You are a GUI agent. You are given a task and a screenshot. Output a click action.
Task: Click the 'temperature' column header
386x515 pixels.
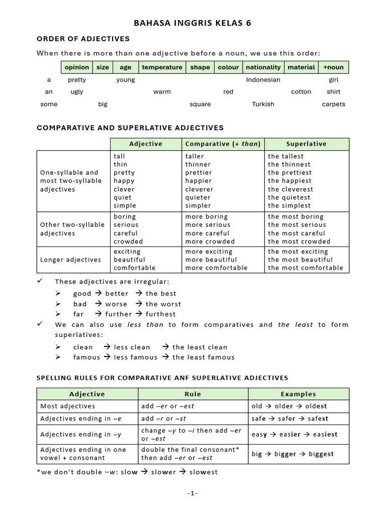point(162,67)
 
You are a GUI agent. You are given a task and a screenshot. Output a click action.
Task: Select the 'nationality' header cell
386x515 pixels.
point(263,67)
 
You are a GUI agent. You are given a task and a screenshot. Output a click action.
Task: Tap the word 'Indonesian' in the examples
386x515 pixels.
point(263,79)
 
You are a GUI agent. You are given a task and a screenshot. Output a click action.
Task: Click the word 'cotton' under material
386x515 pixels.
point(301,92)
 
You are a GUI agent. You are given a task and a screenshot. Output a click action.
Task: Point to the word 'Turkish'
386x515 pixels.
point(263,104)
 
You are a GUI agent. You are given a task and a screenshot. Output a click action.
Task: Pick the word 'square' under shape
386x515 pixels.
point(200,104)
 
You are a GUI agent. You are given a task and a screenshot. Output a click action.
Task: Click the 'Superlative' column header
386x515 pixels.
point(306,144)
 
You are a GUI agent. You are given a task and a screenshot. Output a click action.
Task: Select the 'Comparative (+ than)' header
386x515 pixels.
point(223,144)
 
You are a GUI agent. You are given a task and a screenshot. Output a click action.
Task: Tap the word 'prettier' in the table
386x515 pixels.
point(199,173)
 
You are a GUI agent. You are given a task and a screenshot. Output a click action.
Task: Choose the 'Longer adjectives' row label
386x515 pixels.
point(70,260)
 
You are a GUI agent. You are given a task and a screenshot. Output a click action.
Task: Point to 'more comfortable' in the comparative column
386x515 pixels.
point(216,268)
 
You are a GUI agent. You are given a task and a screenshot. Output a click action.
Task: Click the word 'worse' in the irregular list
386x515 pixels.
point(116,304)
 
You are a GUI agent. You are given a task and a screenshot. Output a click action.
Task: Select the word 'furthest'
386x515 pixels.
point(161,314)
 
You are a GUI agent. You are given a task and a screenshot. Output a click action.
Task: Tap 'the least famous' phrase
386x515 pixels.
point(203,357)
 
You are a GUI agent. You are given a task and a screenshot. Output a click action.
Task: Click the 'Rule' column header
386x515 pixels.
point(194,394)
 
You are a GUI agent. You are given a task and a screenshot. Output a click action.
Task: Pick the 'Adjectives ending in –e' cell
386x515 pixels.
point(81,418)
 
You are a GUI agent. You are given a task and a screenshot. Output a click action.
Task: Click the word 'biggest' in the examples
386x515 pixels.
point(321,454)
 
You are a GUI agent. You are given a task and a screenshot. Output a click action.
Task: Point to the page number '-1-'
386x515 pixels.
point(193,494)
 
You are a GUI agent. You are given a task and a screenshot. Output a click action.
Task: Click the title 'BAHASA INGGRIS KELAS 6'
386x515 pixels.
point(192,23)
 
